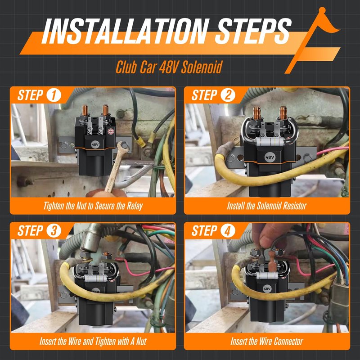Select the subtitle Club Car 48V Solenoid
[x=169, y=67]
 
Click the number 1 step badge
[x=54, y=95]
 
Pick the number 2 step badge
[x=228, y=95]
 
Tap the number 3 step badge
[x=54, y=231]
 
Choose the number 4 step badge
[x=228, y=231]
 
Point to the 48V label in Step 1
[x=95, y=144]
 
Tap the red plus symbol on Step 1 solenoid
[x=111, y=131]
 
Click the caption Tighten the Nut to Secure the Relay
[x=93, y=206]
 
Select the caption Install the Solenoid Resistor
[x=267, y=206]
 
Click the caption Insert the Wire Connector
[x=267, y=342]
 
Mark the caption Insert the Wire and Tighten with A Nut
[x=93, y=342]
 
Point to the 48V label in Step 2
[x=270, y=157]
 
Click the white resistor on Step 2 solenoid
[x=270, y=142]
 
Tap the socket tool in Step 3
[x=90, y=240]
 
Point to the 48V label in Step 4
[x=267, y=289]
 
